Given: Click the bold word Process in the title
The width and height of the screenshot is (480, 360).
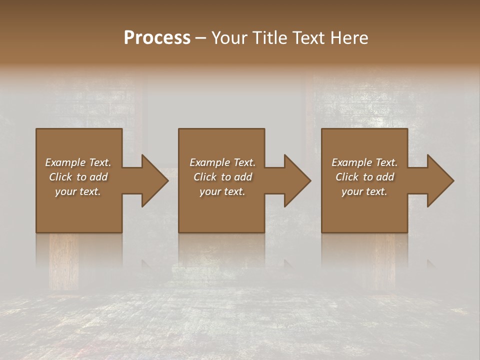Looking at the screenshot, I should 157,38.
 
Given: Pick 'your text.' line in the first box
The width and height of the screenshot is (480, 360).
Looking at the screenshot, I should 78,191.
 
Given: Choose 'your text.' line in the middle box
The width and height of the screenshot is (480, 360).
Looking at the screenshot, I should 222,191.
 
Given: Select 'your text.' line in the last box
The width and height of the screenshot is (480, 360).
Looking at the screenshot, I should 364,191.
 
